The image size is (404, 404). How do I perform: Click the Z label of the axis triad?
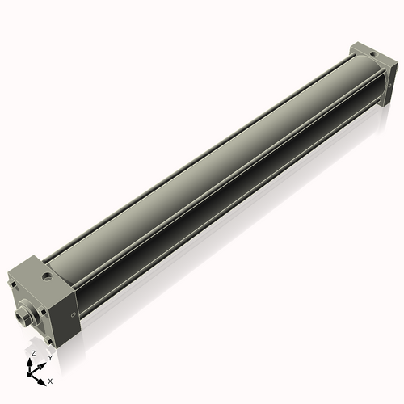point(33,354)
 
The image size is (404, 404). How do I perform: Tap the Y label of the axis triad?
point(49,357)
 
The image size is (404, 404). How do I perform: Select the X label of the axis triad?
point(51,380)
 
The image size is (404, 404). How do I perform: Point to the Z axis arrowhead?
point(33,361)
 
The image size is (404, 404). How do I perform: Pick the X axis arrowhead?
point(44,378)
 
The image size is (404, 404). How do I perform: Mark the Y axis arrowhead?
point(43,363)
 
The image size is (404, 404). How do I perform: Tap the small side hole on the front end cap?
point(74,314)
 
